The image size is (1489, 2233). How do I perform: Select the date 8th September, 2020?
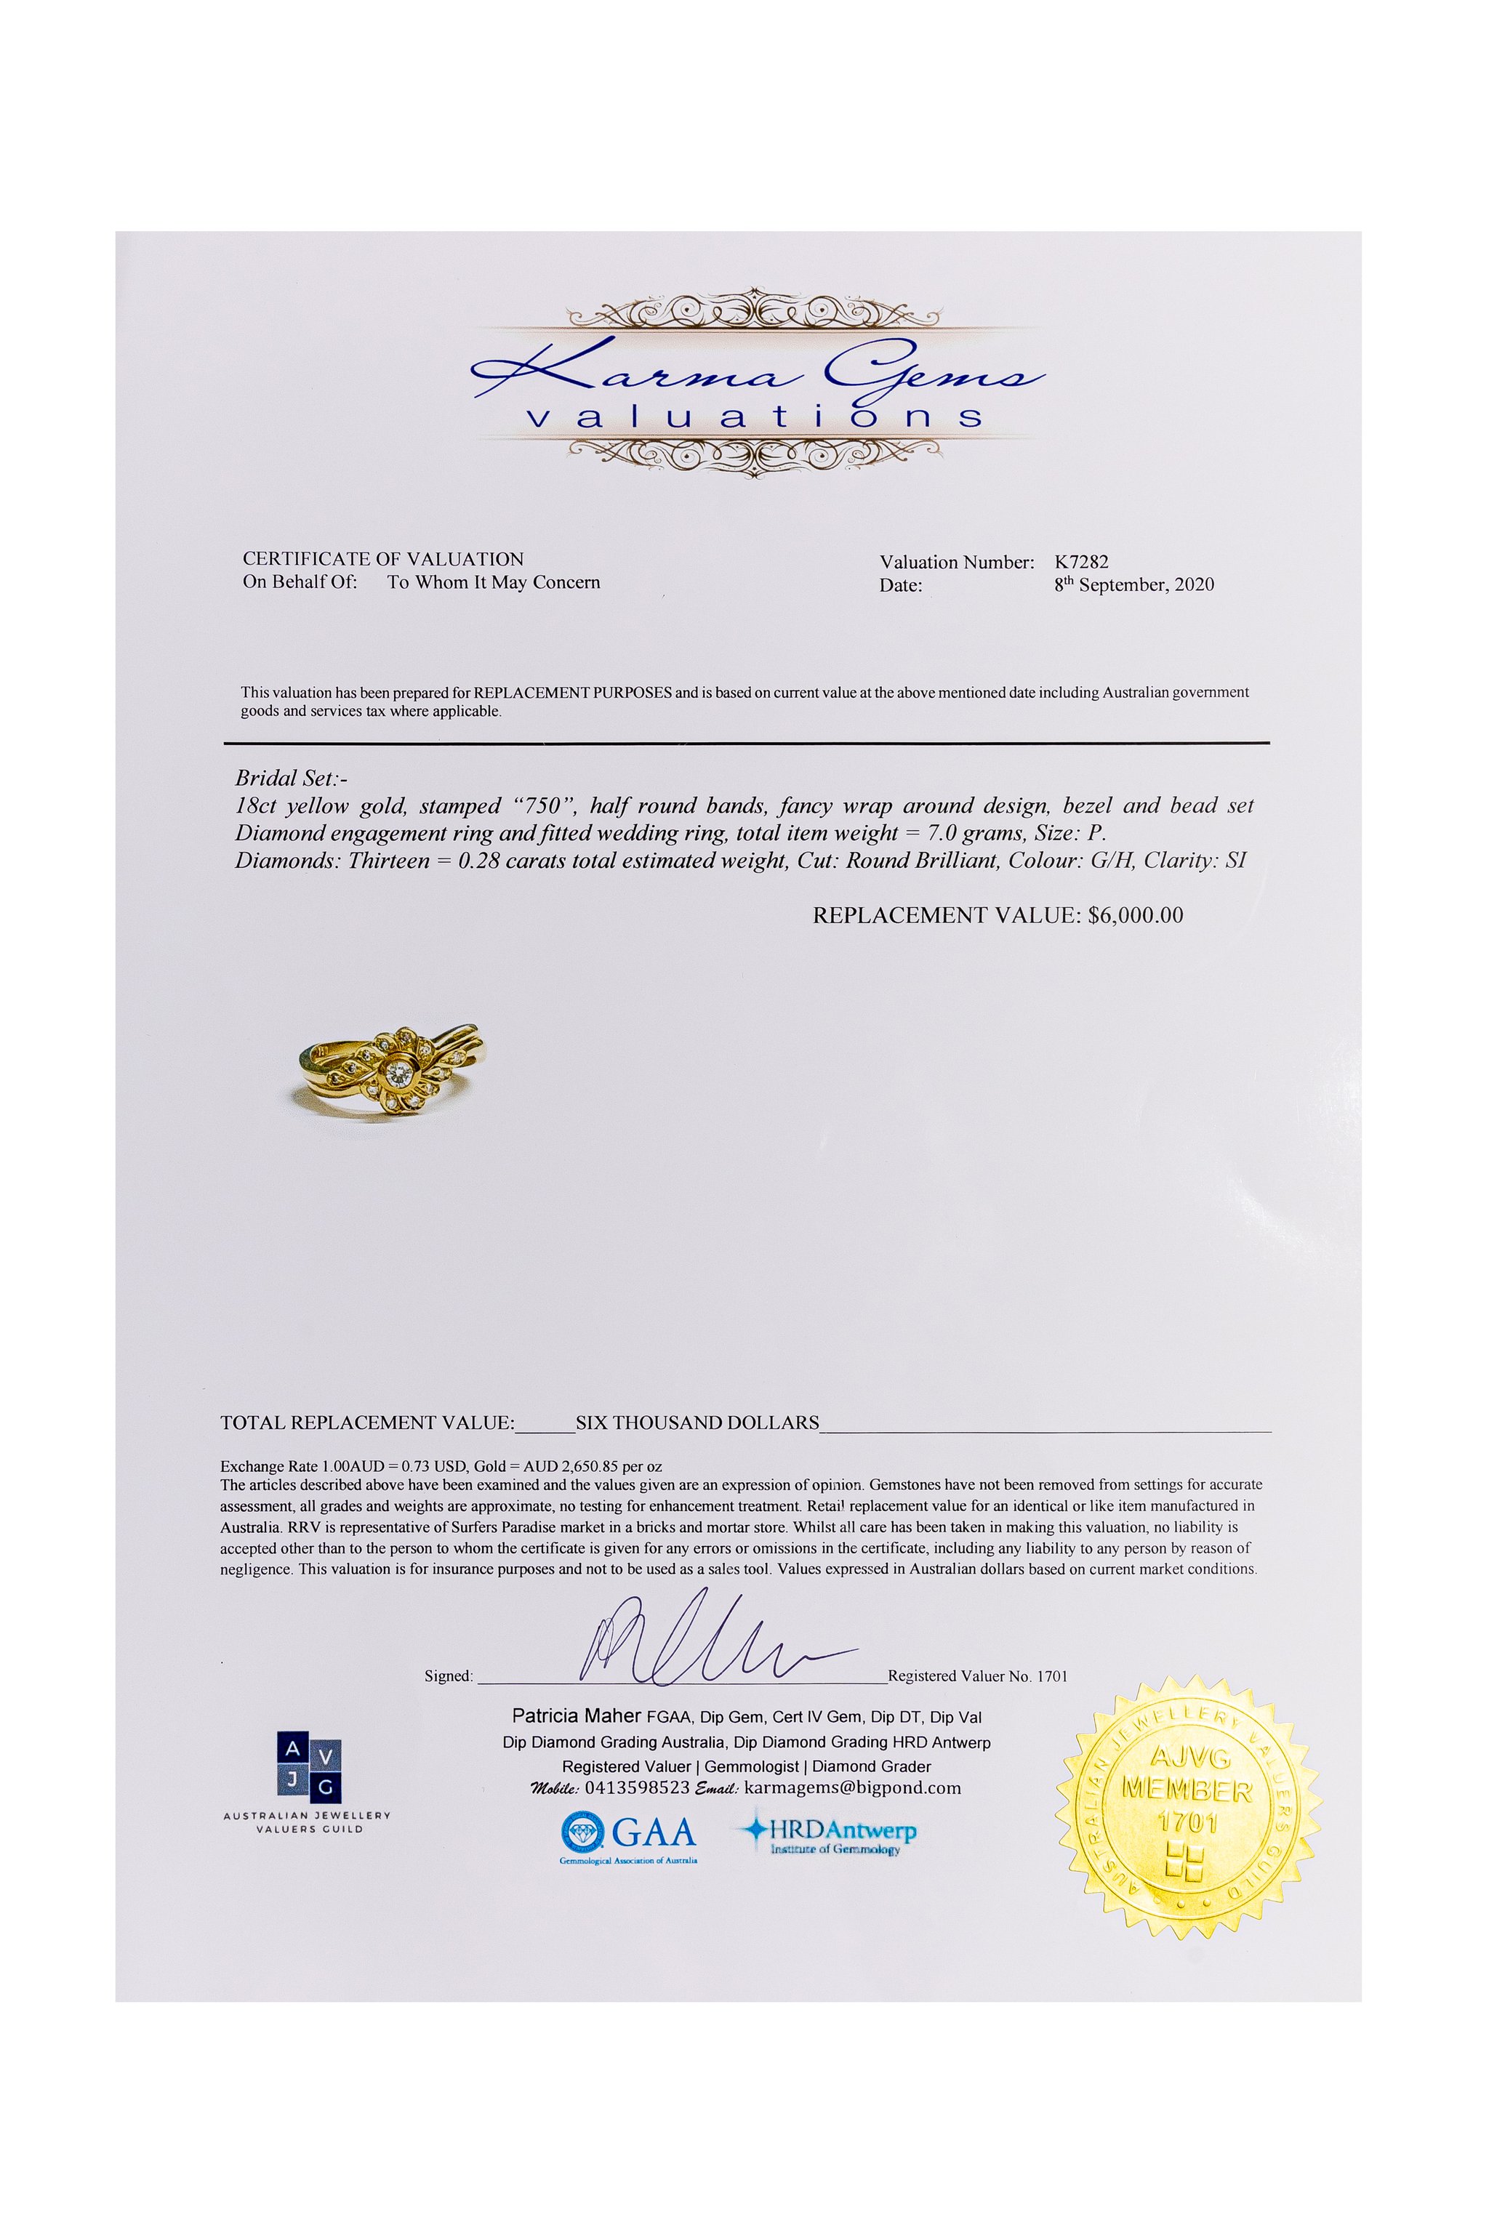1134,585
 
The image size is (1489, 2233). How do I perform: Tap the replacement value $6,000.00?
1136,916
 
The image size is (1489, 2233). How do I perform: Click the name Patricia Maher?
577,1716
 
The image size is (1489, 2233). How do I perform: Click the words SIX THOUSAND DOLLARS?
697,1423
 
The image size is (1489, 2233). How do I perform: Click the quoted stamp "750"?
542,806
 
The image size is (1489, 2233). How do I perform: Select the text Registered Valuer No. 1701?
977,1677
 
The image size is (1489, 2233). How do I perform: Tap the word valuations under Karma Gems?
754,417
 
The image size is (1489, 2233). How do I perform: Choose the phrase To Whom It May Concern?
494,583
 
